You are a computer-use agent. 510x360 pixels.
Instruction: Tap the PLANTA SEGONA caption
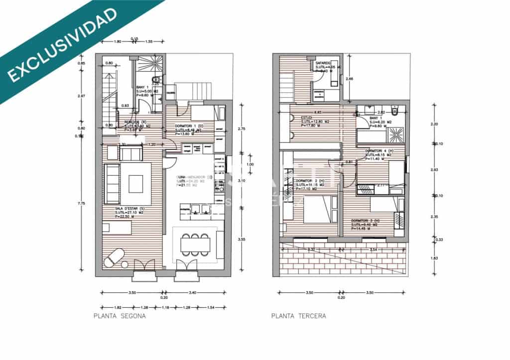(x=120, y=316)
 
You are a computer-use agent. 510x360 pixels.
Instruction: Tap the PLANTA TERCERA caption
(x=299, y=316)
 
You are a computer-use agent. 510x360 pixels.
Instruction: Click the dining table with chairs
(x=195, y=244)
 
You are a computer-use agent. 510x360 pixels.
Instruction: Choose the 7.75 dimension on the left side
(x=82, y=203)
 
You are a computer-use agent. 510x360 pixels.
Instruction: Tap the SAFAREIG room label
(x=323, y=63)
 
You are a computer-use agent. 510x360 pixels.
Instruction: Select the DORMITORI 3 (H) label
(x=366, y=221)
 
